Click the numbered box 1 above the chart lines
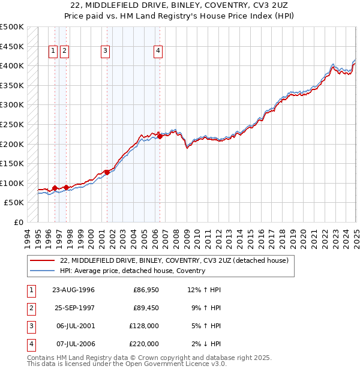(53, 52)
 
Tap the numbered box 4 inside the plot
(158, 52)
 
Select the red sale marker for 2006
(160, 136)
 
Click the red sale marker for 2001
(107, 172)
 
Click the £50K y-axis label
(14, 203)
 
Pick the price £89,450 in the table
(145, 308)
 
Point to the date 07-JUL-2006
(74, 344)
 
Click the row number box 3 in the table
(31, 326)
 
